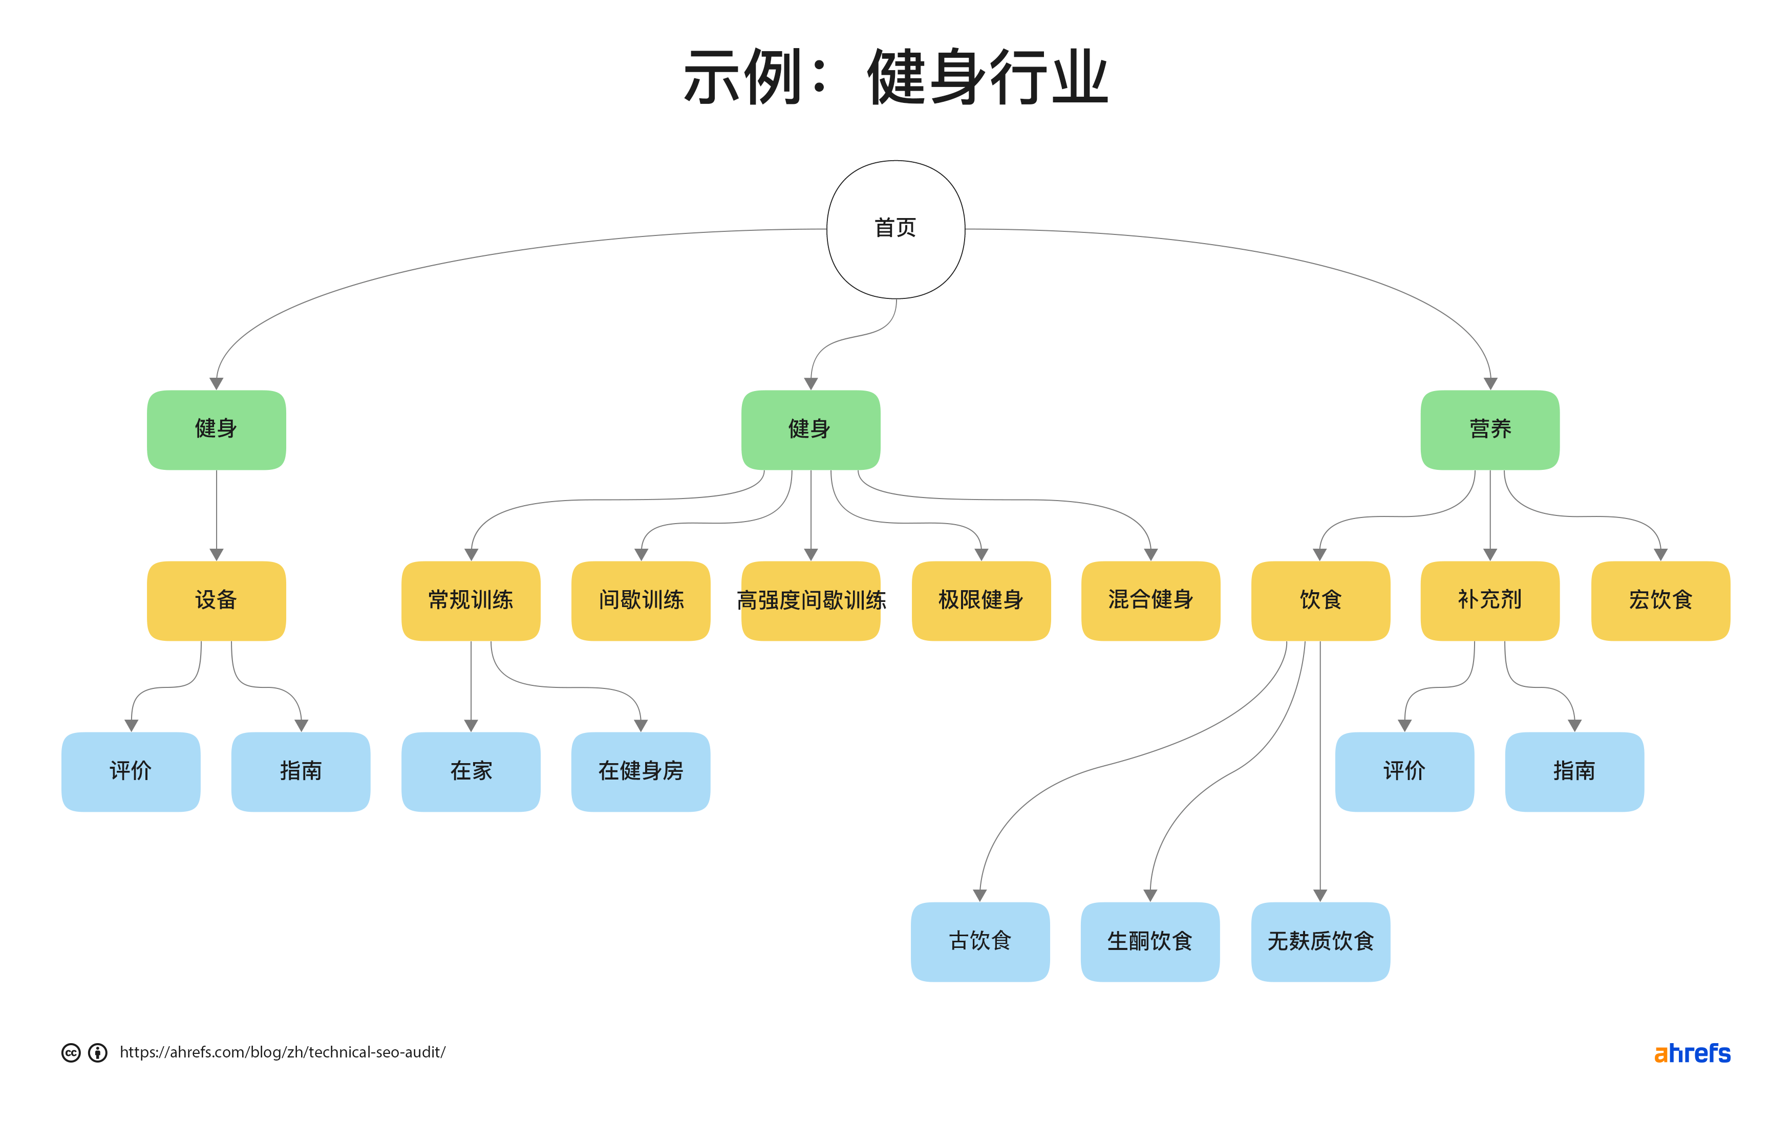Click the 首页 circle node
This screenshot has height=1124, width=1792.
pyautogui.click(x=895, y=229)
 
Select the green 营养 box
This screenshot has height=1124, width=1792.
pyautogui.click(x=1489, y=429)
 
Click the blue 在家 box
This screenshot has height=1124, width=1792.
pyautogui.click(x=471, y=771)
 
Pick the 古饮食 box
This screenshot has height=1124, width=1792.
pyautogui.click(x=980, y=941)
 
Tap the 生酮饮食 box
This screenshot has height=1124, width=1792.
pyautogui.click(x=1149, y=941)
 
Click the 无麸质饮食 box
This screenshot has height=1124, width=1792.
pyautogui.click(x=1320, y=941)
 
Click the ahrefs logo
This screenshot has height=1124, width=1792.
pyautogui.click(x=1692, y=1053)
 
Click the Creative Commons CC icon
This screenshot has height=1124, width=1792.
pyautogui.click(x=71, y=1053)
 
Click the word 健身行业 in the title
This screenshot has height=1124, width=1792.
pyautogui.click(x=988, y=77)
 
